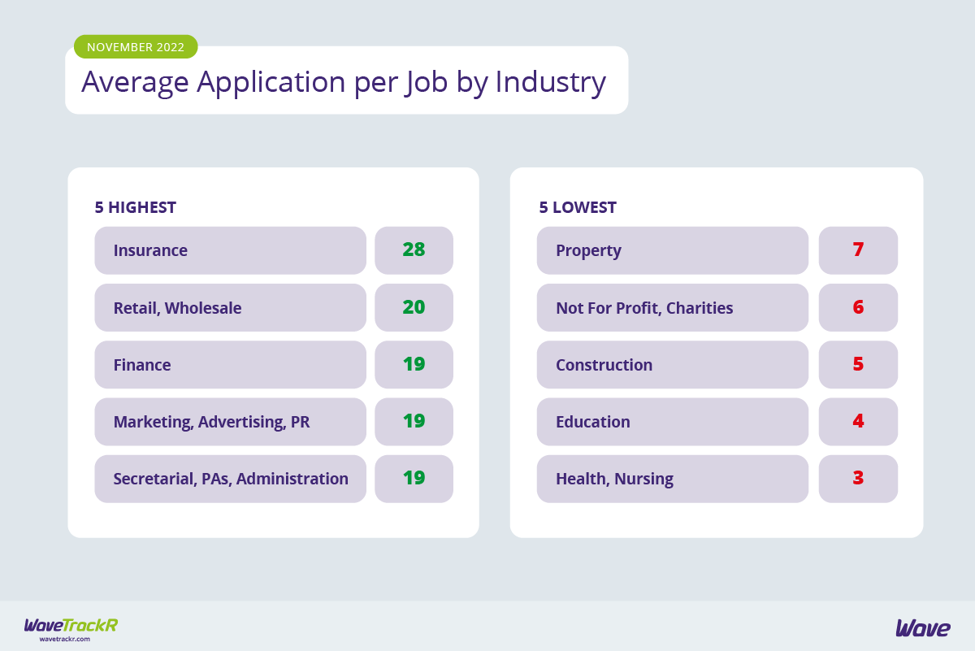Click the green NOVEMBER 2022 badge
pos(136,47)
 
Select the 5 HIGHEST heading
pos(135,207)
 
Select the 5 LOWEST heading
pos(577,207)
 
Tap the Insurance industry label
pos(150,250)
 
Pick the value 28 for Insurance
pos(414,250)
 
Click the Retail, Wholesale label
pos(177,308)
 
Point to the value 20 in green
pos(414,307)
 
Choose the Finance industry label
pos(142,365)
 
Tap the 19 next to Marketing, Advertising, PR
pos(414,421)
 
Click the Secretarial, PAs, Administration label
pos(231,479)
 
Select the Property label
pos(588,250)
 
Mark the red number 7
pos(858,250)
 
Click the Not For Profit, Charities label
pos(644,308)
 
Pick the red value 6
pos(858,307)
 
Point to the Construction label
pos(604,365)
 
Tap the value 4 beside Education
pos(858,421)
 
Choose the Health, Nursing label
pos(614,479)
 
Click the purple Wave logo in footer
pos(923,627)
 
